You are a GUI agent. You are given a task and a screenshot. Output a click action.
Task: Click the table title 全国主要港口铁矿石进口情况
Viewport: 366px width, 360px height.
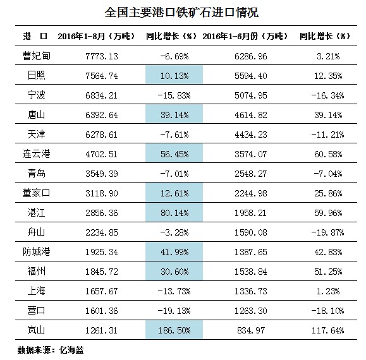181,13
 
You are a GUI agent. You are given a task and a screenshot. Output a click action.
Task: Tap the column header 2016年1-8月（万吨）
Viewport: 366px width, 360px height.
97,37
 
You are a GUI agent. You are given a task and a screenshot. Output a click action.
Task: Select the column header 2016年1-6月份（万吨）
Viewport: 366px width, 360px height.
245,37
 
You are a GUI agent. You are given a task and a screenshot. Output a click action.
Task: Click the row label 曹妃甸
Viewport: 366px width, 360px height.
37,56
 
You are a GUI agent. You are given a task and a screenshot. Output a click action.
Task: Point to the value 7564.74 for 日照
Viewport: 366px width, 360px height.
102,76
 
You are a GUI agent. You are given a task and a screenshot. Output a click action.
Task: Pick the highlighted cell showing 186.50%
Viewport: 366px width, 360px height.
174,330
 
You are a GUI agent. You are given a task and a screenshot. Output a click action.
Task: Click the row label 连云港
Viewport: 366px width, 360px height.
37,154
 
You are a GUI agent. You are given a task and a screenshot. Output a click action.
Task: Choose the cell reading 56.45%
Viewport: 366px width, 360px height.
174,153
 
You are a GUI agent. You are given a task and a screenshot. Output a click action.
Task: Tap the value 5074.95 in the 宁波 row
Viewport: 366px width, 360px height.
251,95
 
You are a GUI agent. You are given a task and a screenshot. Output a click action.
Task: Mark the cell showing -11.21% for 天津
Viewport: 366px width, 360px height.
327,135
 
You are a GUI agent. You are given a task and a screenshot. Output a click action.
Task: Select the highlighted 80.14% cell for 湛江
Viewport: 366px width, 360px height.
174,212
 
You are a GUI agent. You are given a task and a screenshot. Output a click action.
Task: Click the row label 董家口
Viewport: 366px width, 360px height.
37,193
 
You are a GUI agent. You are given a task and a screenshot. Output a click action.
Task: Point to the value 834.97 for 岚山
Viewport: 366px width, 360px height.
251,330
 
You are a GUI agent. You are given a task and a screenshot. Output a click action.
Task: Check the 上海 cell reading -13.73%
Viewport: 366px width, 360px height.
174,291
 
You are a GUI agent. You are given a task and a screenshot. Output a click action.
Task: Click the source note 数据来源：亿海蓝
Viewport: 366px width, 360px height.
51,350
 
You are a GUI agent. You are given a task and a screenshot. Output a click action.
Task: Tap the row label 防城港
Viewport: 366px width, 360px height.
37,252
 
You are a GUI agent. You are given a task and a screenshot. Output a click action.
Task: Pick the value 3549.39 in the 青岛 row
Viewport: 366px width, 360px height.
102,174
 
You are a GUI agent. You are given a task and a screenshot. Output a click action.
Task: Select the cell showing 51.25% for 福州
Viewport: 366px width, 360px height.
328,272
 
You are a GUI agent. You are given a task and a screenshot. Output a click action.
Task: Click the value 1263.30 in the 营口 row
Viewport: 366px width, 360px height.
251,311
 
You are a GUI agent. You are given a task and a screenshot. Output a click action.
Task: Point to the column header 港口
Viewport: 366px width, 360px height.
35,37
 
